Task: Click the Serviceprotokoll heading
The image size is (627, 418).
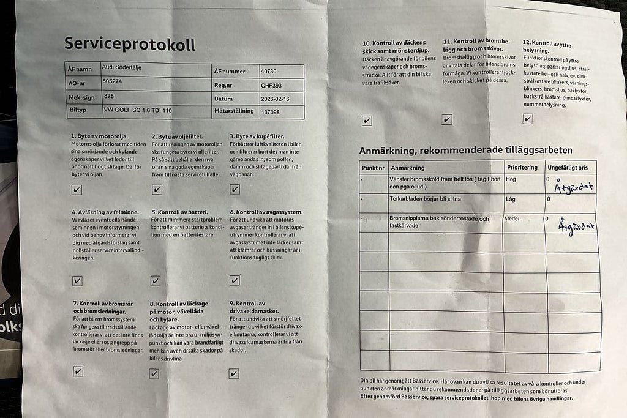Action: tap(130, 44)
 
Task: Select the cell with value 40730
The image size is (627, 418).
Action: tap(269, 72)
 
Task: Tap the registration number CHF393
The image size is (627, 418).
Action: tap(271, 86)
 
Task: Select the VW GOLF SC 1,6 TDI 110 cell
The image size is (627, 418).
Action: tap(137, 110)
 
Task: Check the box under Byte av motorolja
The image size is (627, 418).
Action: tap(77, 190)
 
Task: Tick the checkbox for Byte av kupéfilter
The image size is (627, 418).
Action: tap(234, 190)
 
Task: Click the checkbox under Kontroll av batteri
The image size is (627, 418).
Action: tap(155, 281)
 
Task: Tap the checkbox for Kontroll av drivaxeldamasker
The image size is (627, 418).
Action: tap(233, 373)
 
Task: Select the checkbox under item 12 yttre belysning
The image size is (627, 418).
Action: tap(527, 119)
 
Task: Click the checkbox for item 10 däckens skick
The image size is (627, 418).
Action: tap(366, 121)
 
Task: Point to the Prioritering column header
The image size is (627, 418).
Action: tap(522, 167)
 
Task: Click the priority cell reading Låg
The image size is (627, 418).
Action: tap(510, 200)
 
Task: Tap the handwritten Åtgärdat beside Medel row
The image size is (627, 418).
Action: tap(576, 226)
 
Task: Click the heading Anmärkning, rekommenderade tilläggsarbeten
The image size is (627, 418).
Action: tap(465, 150)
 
